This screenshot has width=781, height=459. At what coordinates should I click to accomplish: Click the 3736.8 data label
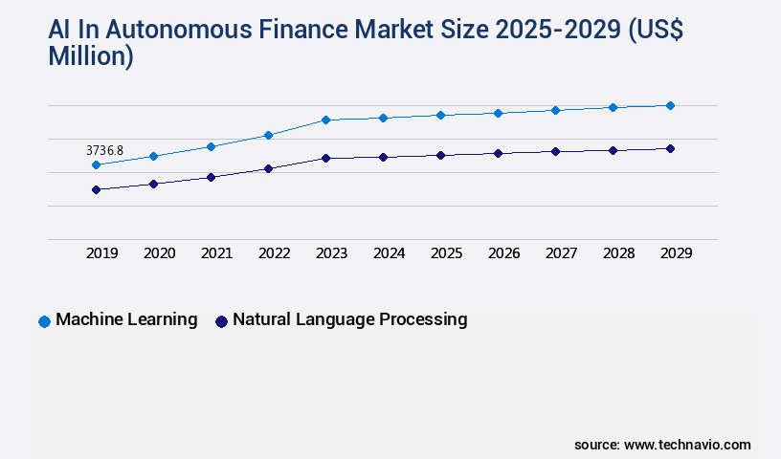pos(104,150)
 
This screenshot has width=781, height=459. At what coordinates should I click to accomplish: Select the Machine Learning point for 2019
pos(96,165)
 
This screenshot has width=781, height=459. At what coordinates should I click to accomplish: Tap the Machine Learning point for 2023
pos(325,120)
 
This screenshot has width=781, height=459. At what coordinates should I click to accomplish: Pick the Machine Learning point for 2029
pos(670,105)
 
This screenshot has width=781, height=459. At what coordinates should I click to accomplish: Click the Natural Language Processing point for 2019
pos(96,189)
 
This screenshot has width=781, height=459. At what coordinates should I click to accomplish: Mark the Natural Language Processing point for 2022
pos(268,168)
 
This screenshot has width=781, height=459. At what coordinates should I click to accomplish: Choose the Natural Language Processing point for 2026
pos(498,153)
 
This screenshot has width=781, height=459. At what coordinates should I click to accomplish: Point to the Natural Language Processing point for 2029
pos(670,148)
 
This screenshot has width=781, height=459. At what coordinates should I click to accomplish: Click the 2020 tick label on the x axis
pos(159,253)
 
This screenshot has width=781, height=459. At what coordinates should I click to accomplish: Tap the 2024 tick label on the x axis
pos(389,253)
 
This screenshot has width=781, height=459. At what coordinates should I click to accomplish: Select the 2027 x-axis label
pos(561,253)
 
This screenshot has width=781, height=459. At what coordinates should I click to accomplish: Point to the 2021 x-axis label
pos(216,253)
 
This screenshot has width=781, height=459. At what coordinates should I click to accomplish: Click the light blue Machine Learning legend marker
pos(44,321)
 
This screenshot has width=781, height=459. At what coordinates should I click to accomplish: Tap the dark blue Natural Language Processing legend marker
pos(221,321)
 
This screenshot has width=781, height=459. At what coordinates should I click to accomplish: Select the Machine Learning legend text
pos(126,319)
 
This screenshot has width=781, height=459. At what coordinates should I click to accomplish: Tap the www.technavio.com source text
pos(687,445)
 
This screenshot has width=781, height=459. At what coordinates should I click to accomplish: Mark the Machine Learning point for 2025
pos(440,115)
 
